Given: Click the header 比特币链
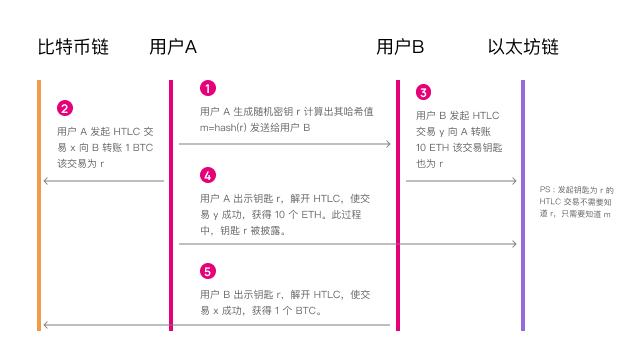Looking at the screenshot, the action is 73,47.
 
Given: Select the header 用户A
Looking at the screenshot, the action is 172,47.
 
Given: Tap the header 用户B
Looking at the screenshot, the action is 401,47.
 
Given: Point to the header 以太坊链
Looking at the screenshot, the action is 523,47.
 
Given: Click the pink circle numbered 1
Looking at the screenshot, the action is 207,88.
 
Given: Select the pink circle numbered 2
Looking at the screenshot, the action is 65,107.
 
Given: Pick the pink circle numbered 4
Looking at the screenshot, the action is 207,175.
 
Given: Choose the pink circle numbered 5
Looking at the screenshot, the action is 207,271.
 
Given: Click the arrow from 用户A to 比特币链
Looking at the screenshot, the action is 103,181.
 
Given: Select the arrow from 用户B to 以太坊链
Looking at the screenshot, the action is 460,181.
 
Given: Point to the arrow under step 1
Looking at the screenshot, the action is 285,144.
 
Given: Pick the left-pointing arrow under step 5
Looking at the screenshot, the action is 285,325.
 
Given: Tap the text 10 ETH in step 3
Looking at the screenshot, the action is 433,147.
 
